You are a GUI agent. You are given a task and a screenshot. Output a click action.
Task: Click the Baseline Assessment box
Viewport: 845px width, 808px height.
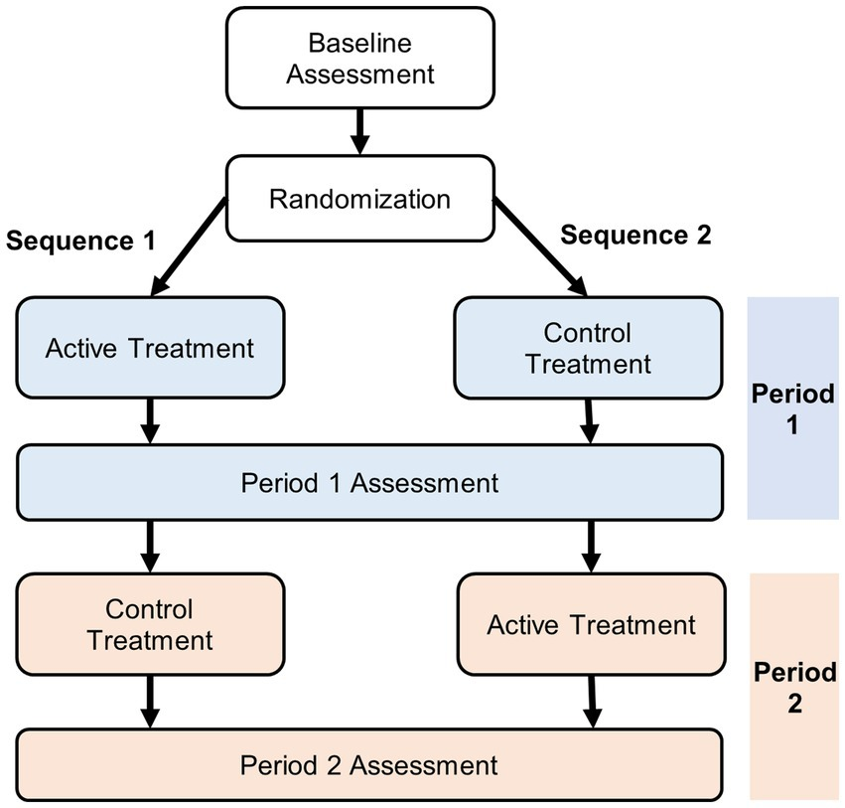358,59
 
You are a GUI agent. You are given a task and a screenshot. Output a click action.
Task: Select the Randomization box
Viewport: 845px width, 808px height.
358,198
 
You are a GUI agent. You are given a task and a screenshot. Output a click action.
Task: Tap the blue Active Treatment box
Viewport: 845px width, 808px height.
150,348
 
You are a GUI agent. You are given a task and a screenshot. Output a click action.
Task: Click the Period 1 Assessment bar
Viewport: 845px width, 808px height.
368,483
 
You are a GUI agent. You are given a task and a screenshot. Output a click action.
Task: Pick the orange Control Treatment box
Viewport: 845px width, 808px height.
150,624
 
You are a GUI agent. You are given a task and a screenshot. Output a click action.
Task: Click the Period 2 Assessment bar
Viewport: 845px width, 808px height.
368,765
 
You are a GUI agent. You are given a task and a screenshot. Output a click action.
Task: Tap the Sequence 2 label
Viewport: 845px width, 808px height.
636,236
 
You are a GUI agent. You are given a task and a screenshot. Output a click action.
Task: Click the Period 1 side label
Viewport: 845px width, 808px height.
792,407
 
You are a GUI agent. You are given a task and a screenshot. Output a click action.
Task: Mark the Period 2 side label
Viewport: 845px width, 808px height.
792,688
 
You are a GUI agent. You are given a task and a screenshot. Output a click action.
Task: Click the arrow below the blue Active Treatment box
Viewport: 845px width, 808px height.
150,420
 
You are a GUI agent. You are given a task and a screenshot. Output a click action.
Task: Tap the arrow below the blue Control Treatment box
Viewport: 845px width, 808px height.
590,420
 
